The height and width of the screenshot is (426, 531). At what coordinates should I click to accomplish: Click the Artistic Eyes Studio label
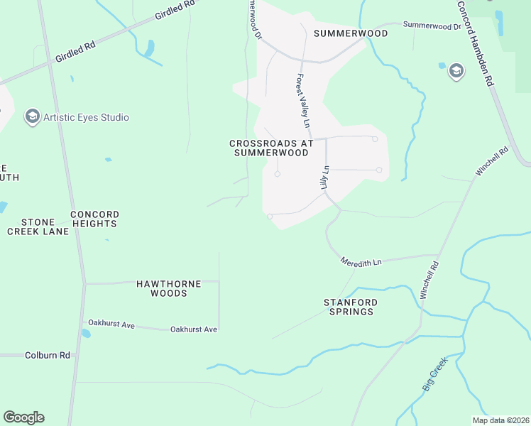tap(86, 117)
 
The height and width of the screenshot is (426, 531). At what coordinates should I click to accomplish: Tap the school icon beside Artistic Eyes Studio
tap(32, 116)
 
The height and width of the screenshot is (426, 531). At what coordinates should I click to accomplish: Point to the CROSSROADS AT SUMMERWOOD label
tap(271, 148)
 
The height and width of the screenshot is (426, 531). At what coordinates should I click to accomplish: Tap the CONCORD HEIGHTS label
tap(94, 219)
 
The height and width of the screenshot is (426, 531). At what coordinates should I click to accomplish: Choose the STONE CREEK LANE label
tap(38, 226)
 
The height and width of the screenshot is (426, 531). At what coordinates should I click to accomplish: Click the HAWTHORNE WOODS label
tap(169, 288)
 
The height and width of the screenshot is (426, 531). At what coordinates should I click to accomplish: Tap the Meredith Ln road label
tap(361, 262)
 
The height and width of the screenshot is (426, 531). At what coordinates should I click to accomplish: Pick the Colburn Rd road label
tap(48, 355)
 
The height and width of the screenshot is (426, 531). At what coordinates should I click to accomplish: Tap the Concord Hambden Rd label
tap(474, 43)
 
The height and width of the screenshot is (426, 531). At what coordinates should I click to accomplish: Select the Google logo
tap(23, 417)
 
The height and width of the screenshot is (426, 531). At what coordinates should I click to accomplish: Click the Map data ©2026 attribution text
tap(500, 420)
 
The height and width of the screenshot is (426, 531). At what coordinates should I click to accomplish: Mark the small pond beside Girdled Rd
tap(149, 48)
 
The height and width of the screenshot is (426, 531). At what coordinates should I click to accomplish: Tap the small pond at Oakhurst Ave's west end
tap(86, 333)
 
